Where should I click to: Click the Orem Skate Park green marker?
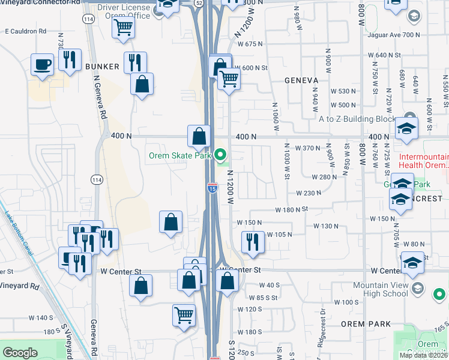(x=221, y=157)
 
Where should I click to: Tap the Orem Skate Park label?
(x=180, y=156)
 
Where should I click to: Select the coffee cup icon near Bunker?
(x=43, y=65)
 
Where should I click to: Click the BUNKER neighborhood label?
(x=98, y=66)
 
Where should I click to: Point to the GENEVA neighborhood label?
(x=301, y=80)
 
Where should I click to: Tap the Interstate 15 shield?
(x=212, y=188)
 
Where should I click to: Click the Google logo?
(x=20, y=353)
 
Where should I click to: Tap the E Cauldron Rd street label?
(x=26, y=31)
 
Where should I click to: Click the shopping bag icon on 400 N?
(x=199, y=136)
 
